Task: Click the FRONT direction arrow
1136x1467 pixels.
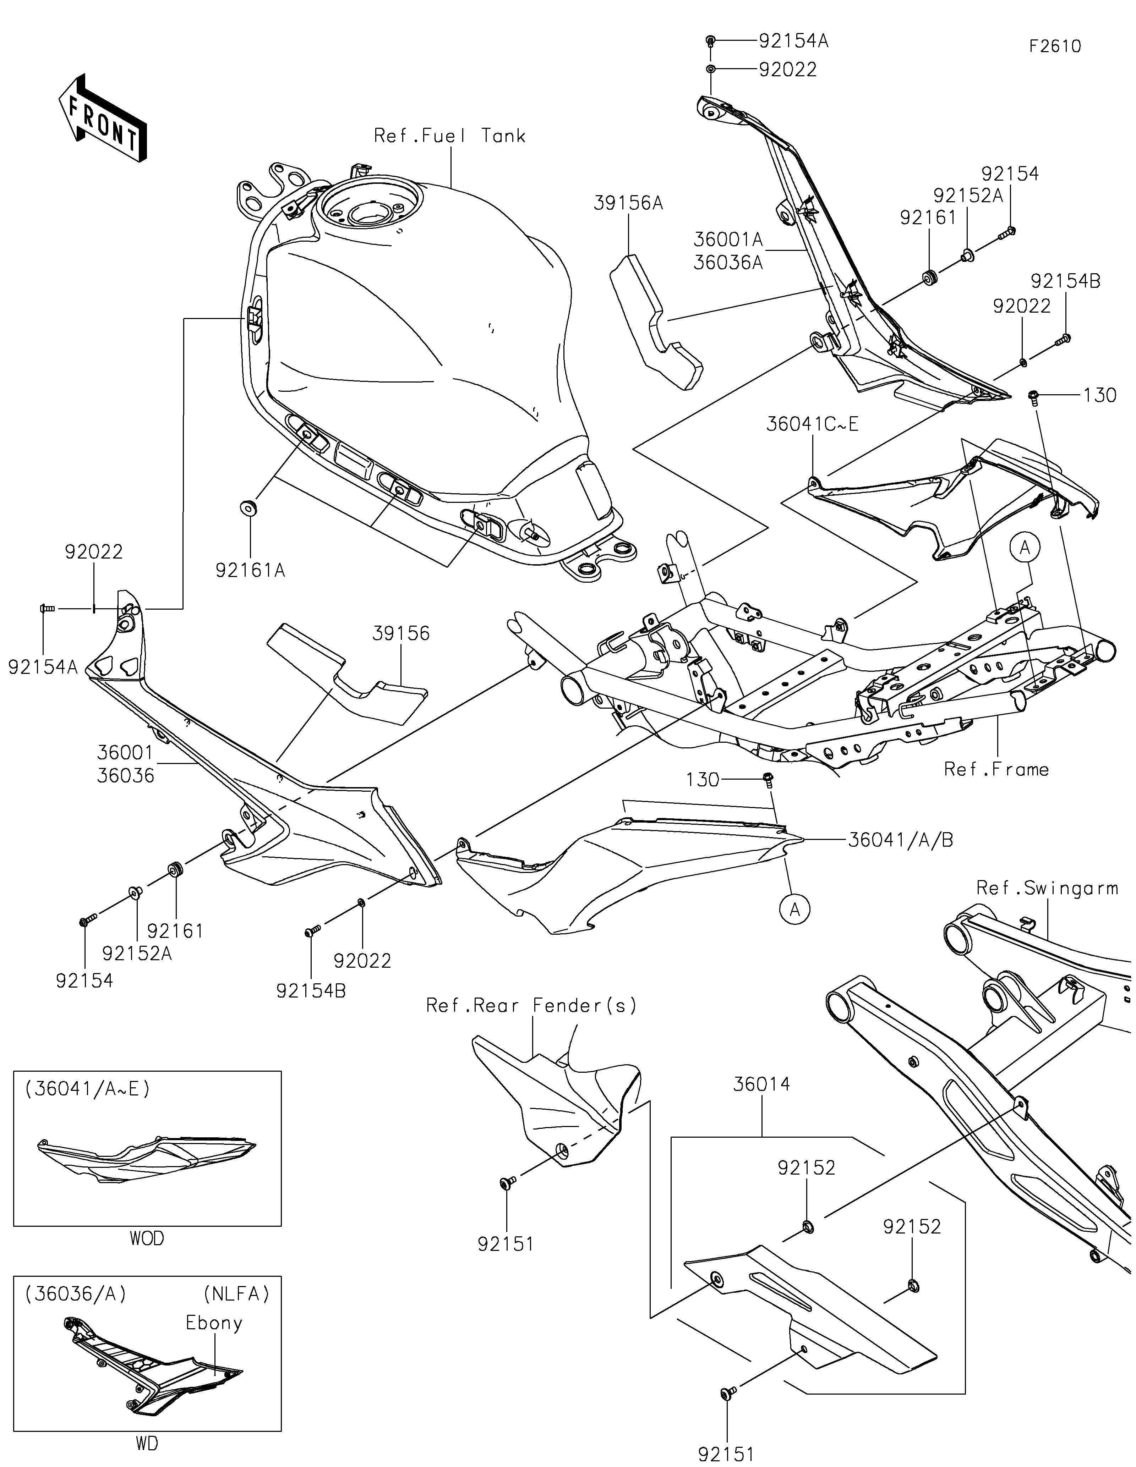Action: (x=102, y=117)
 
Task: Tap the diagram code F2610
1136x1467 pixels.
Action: (x=1055, y=46)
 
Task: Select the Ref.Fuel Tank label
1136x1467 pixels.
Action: (x=449, y=136)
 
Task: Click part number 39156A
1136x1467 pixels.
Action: (x=628, y=203)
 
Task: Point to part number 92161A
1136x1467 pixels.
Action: (x=251, y=570)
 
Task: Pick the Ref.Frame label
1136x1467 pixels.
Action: (x=996, y=769)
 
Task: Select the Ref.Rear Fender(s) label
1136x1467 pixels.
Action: (x=531, y=1006)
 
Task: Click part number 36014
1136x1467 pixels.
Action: (x=762, y=1084)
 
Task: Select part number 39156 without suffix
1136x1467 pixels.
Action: (x=401, y=633)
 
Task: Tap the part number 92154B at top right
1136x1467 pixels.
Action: (x=1065, y=281)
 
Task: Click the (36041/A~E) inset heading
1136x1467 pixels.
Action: (x=87, y=1089)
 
